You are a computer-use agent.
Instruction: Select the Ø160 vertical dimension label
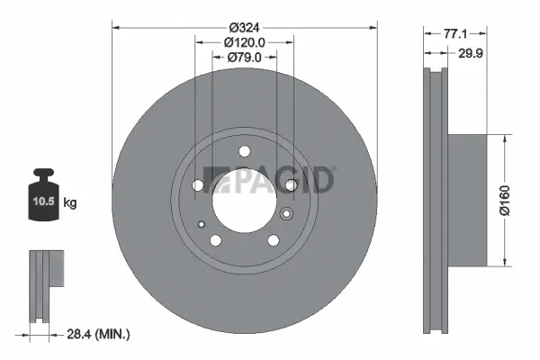pyautogui.click(x=506, y=200)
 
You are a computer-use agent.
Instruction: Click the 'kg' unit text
pyautogui.click(x=70, y=203)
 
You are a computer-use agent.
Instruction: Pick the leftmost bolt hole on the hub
pyautogui.click(x=198, y=185)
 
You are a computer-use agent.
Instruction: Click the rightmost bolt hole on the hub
pyautogui.click(x=291, y=185)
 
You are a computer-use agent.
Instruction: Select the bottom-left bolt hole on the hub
pyautogui.click(x=216, y=240)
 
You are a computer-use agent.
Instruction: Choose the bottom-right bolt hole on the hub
pyautogui.click(x=273, y=240)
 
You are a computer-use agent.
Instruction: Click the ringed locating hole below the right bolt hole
pyautogui.click(x=286, y=214)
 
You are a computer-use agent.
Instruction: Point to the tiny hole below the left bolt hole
pyautogui.click(x=203, y=224)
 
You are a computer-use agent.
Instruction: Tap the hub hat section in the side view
pyautogui.click(x=468, y=200)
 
